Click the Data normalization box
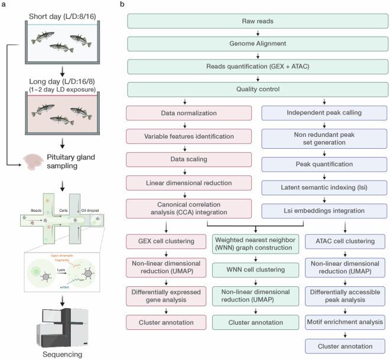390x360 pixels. [x=184, y=113]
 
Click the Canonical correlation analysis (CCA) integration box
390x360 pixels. [x=184, y=208]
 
